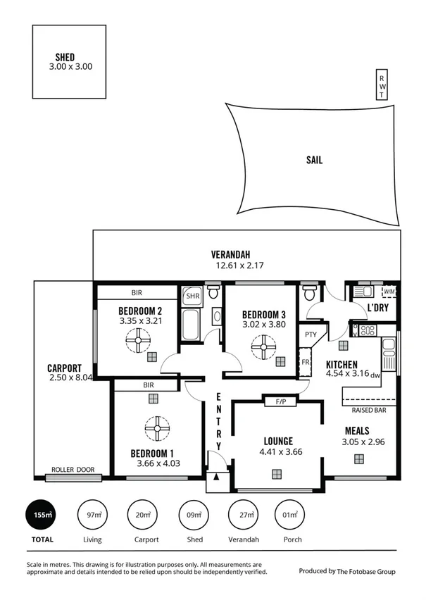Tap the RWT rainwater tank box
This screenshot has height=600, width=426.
(382, 86)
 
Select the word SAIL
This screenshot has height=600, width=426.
(314, 160)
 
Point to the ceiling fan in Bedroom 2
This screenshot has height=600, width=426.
(138, 342)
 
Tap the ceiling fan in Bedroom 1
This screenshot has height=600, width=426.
(153, 427)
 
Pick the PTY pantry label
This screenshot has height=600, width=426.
(310, 335)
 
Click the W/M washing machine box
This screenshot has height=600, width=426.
(389, 291)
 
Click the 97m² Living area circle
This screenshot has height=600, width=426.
(92, 515)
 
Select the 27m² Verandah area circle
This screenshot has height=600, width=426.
(245, 515)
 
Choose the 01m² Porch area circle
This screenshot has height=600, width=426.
(289, 515)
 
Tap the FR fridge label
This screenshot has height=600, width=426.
(306, 363)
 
